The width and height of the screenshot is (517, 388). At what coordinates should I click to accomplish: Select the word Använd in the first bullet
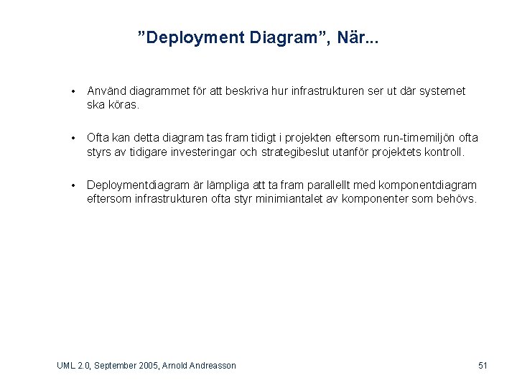coord(107,91)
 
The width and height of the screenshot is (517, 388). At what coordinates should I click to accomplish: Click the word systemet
coord(438,91)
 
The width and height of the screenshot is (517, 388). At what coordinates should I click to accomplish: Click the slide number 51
coord(483,366)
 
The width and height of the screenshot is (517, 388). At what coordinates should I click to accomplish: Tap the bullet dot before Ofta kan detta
coord(73,138)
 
